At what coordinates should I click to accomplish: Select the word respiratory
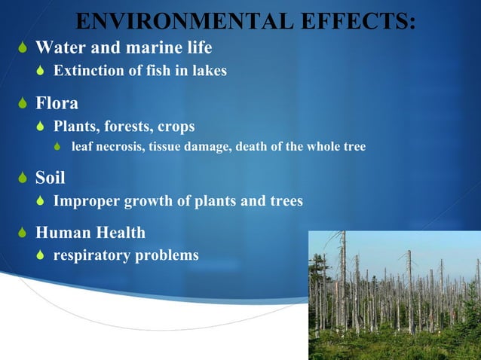click(x=90, y=255)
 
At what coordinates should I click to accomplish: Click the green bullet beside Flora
click(x=23, y=102)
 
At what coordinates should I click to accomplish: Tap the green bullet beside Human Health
click(x=23, y=233)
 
